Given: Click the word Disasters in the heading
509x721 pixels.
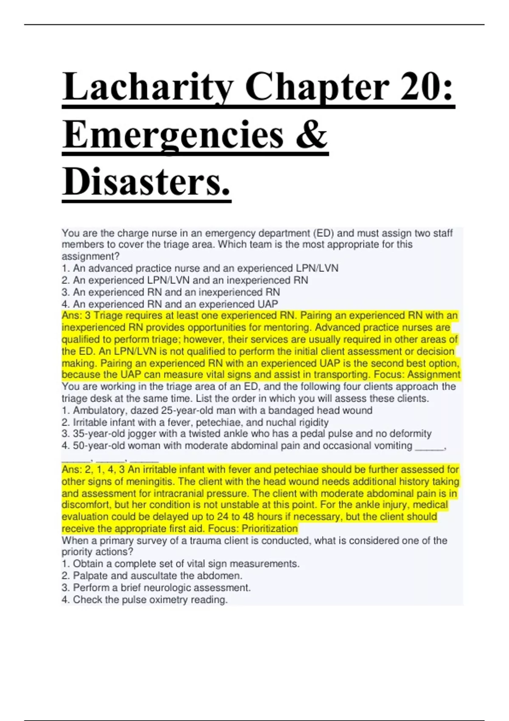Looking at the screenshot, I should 146,182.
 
